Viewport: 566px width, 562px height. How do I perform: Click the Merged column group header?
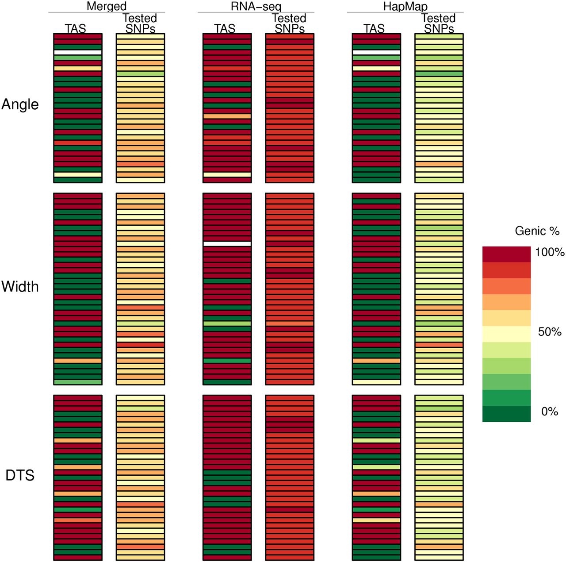[107, 6]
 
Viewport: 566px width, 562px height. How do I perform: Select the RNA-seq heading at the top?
[256, 6]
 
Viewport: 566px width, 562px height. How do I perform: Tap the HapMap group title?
[405, 6]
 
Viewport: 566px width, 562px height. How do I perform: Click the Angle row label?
[20, 104]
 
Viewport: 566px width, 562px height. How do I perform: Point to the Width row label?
[20, 287]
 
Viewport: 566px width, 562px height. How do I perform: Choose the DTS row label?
[20, 475]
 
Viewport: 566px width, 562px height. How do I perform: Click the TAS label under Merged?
[76, 28]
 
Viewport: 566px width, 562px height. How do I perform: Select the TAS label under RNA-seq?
[225, 28]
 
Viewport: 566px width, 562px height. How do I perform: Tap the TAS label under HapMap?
[374, 28]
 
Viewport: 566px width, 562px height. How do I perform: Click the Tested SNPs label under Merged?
[140, 23]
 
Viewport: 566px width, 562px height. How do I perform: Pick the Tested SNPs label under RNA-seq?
[289, 23]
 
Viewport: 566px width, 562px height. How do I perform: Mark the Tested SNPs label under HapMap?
[439, 23]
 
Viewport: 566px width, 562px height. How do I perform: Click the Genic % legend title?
[537, 231]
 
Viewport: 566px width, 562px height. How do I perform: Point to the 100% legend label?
[549, 252]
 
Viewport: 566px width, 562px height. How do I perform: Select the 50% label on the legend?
[549, 332]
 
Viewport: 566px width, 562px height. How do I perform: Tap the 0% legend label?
[549, 412]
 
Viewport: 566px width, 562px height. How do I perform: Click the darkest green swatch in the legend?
[506, 414]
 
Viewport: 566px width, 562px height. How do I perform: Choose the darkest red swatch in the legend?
[506, 254]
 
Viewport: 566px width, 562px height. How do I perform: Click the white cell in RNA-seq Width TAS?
[227, 244]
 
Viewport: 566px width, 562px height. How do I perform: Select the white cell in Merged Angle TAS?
[78, 52]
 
